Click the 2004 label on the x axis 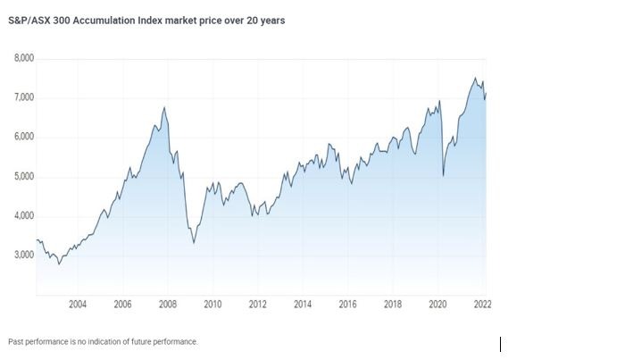pos(78,305)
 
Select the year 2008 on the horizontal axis pos(168,305)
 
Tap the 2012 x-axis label pos(258,305)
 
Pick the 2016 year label pos(348,305)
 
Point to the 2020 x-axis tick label pos(438,305)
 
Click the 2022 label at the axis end pos(482,305)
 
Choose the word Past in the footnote pos(16,342)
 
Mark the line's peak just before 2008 pos(164,108)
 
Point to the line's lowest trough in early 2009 pos(194,242)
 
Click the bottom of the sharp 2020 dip pos(444,177)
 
